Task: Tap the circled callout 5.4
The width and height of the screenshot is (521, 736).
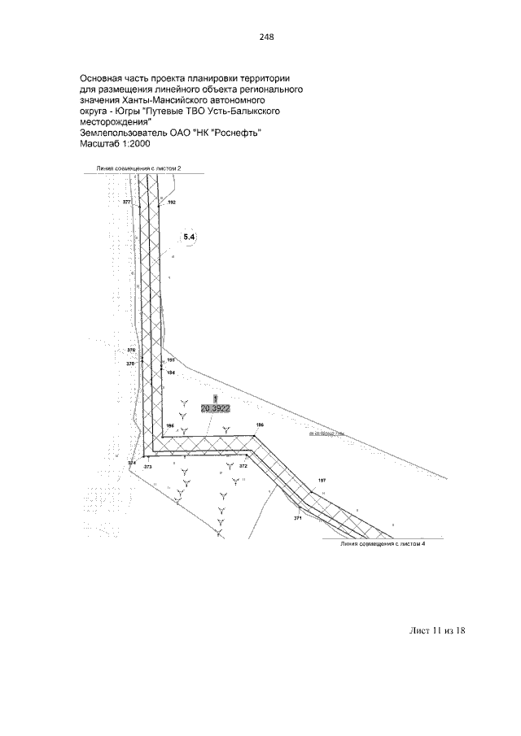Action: point(190,236)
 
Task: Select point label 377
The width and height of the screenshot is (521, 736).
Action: point(126,201)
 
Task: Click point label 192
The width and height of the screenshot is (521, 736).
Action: point(171,201)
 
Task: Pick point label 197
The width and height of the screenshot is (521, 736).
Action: point(322,481)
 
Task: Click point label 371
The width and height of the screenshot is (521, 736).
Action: point(298,518)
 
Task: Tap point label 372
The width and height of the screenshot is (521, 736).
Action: point(243,467)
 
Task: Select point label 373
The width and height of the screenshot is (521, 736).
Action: point(147,468)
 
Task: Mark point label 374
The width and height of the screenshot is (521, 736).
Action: point(132,462)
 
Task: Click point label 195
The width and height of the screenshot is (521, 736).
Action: point(171,359)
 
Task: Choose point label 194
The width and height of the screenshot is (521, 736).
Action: point(171,372)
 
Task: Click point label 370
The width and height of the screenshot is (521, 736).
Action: point(130,364)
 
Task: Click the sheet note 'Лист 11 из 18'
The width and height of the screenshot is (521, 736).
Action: point(436,630)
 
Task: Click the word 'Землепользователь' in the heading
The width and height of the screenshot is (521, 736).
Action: point(123,133)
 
